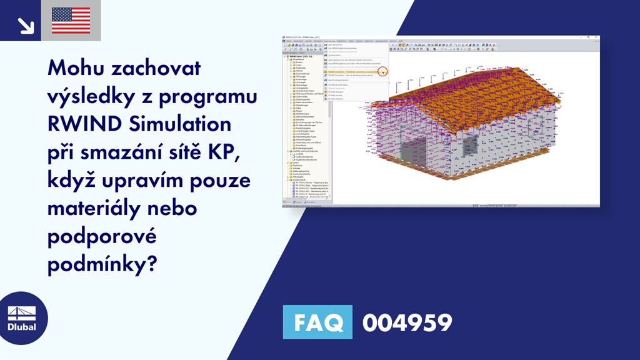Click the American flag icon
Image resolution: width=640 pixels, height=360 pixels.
[71, 21]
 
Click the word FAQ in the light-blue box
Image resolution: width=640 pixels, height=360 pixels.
[317, 323]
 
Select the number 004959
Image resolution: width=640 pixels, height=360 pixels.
[407, 323]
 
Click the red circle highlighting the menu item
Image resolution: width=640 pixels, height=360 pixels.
[383, 72]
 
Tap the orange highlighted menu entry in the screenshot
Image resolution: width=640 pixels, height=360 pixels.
[353, 71]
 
